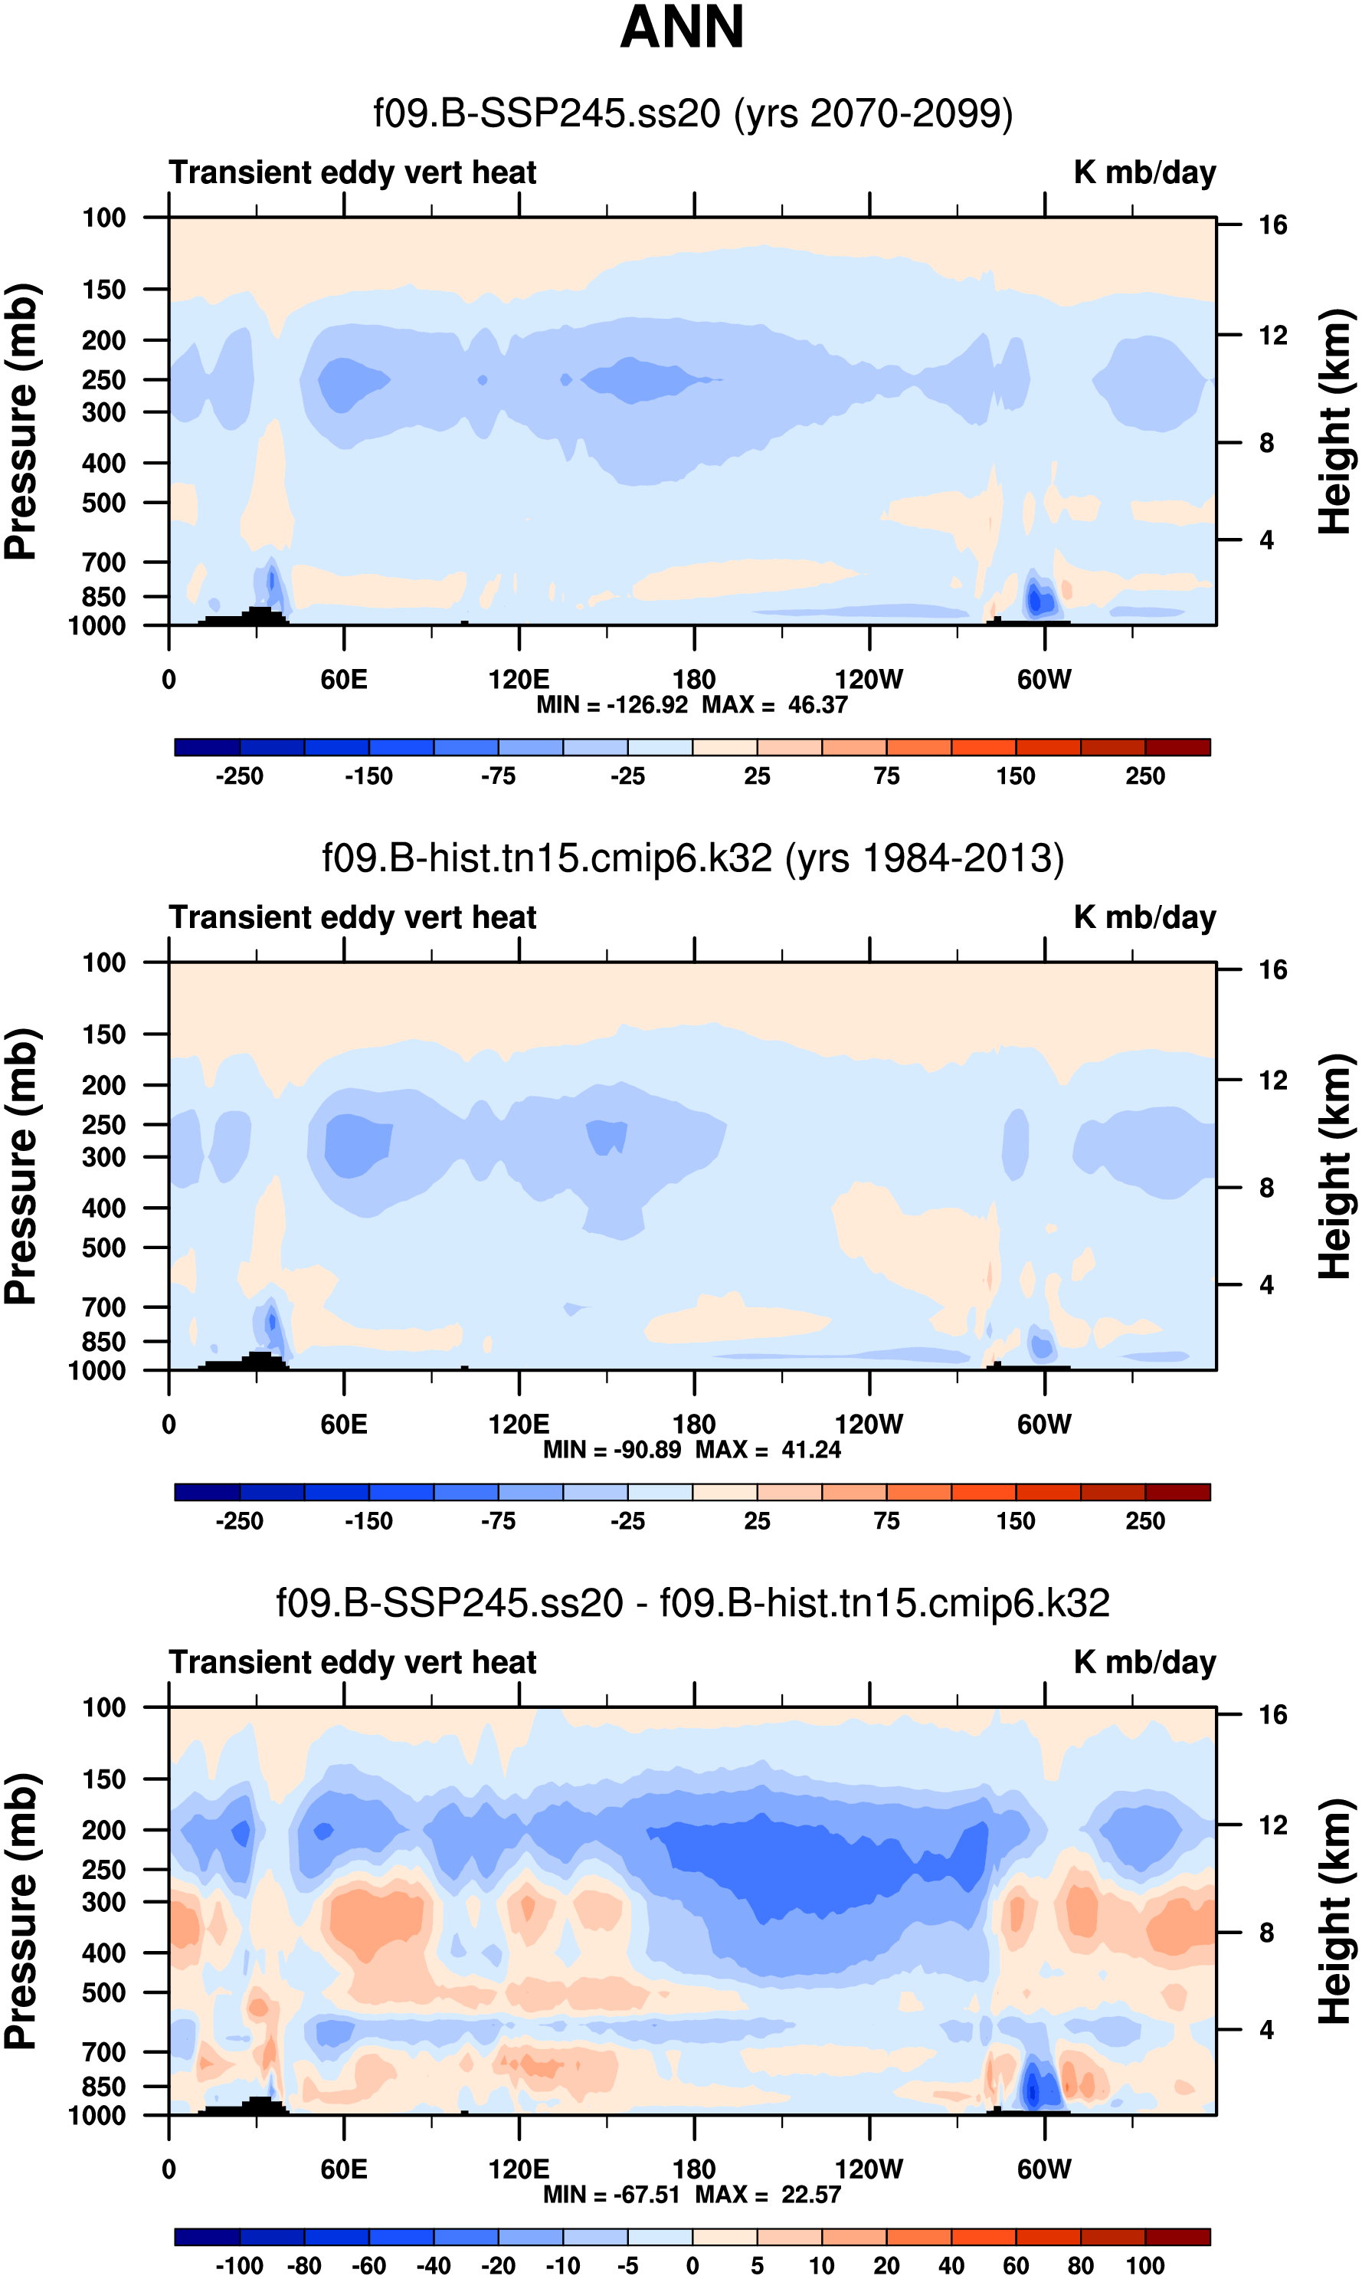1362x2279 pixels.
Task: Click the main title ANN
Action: coord(681,28)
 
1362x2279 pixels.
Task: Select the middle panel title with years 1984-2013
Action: coord(693,859)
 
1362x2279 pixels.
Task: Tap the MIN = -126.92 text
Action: coord(612,705)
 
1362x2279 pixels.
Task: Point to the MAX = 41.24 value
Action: coord(768,1449)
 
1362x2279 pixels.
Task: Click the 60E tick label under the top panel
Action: coord(344,680)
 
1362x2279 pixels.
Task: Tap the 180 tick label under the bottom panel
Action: coord(694,2169)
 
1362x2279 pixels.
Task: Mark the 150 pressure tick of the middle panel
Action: coord(103,1035)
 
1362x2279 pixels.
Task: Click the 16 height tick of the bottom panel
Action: coord(1273,1714)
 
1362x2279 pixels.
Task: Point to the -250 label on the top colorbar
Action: coord(240,776)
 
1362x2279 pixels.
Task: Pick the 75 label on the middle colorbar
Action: coord(886,1522)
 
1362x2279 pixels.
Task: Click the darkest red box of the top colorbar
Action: coord(1177,747)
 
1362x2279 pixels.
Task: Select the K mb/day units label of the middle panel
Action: coord(1144,918)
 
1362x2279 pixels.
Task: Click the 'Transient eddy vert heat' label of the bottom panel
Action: coord(352,1663)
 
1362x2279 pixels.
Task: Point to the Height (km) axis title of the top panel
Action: coord(1335,422)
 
